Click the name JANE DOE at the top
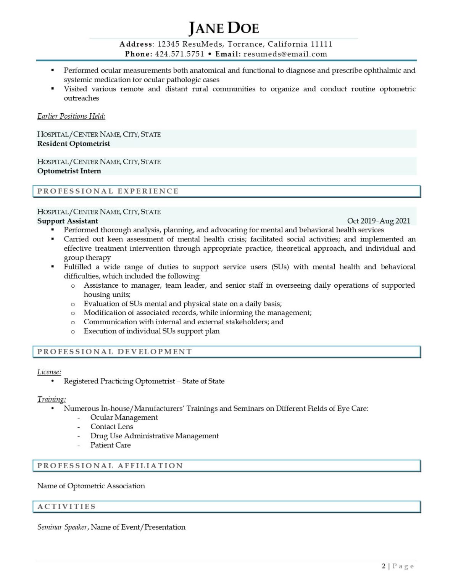point(224,28)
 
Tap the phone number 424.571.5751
point(179,54)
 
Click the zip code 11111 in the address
point(321,44)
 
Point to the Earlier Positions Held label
point(71,116)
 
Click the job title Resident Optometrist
point(74,144)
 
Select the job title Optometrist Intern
point(69,171)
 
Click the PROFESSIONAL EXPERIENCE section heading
point(108,191)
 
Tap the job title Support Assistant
point(68,221)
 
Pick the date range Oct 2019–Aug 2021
point(379,221)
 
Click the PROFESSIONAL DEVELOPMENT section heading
point(114,352)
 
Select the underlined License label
point(49,372)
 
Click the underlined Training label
point(52,399)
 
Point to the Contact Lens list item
point(112,427)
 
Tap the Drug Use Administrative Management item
point(155,436)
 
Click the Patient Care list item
point(111,445)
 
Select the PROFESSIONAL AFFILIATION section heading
point(110,466)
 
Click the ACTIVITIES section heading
point(66,507)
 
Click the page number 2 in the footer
point(384,566)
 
